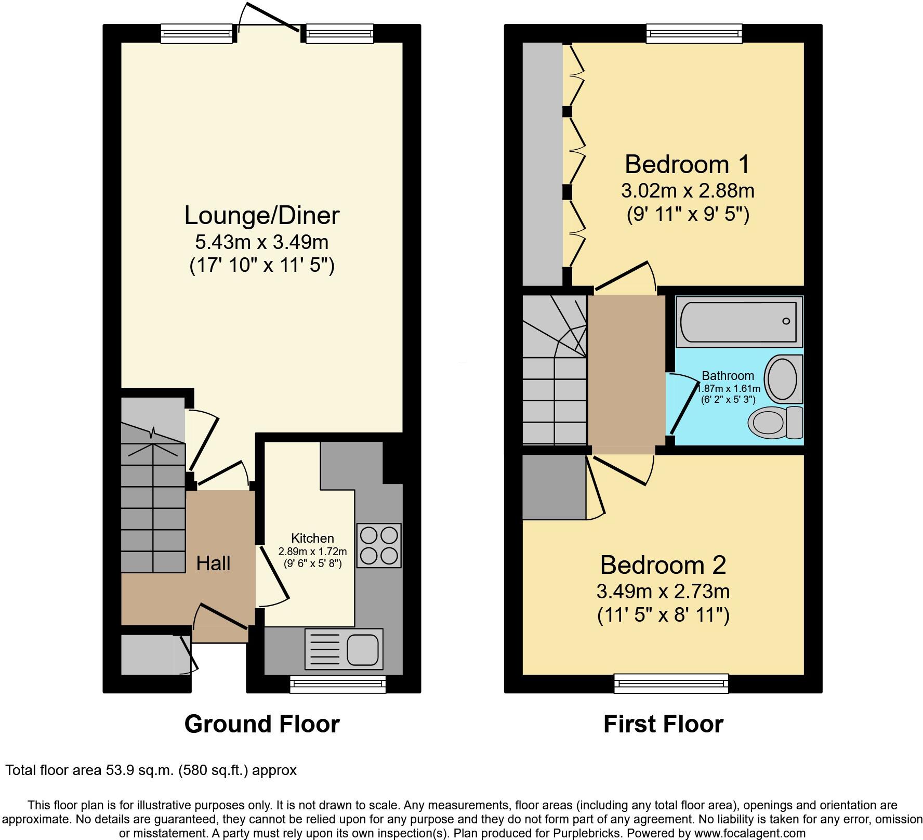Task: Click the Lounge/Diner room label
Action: [x=261, y=215]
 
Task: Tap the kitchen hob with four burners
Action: [x=379, y=545]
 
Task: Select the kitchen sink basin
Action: [x=362, y=650]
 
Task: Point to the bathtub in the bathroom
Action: [x=739, y=322]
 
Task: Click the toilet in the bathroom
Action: [x=775, y=422]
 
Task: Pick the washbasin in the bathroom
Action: [x=783, y=378]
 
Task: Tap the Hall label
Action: [x=213, y=563]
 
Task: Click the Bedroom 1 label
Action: [x=687, y=164]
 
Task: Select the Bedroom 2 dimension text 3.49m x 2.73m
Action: [x=663, y=591]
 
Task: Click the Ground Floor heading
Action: [x=262, y=724]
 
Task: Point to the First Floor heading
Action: [x=663, y=724]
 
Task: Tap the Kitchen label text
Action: [x=312, y=539]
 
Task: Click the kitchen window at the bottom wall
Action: [x=338, y=685]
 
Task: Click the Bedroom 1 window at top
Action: [x=694, y=34]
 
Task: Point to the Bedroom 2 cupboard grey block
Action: [x=554, y=487]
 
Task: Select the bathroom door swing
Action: [x=683, y=404]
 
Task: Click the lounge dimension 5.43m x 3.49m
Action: [x=261, y=242]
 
